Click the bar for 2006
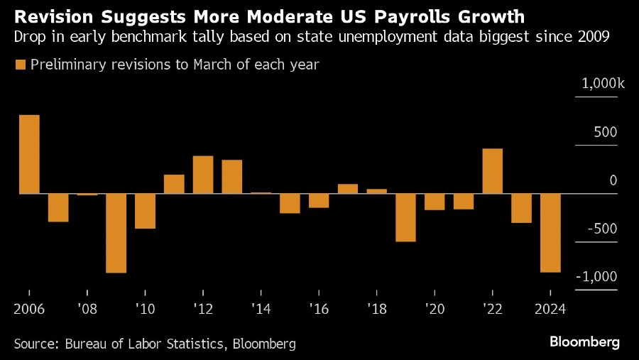pyautogui.click(x=29, y=154)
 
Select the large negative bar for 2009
pyautogui.click(x=116, y=233)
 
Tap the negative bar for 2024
pyautogui.click(x=550, y=233)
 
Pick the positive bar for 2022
pyautogui.click(x=493, y=171)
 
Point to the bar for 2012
pyautogui.click(x=203, y=175)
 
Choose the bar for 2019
pyautogui.click(x=405, y=217)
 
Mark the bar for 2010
pyautogui.click(x=146, y=211)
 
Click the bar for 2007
pyautogui.click(x=58, y=207)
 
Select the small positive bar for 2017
pyautogui.click(x=348, y=189)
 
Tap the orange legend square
pyautogui.click(x=19, y=65)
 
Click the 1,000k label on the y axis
pyautogui.click(x=603, y=84)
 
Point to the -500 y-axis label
pyautogui.click(x=602, y=229)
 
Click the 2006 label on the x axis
pyautogui.click(x=29, y=310)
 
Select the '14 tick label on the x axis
pyautogui.click(x=261, y=310)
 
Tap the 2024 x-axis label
pyautogui.click(x=550, y=310)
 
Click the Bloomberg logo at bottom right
pyautogui.click(x=584, y=342)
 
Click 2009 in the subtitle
pyautogui.click(x=594, y=38)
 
